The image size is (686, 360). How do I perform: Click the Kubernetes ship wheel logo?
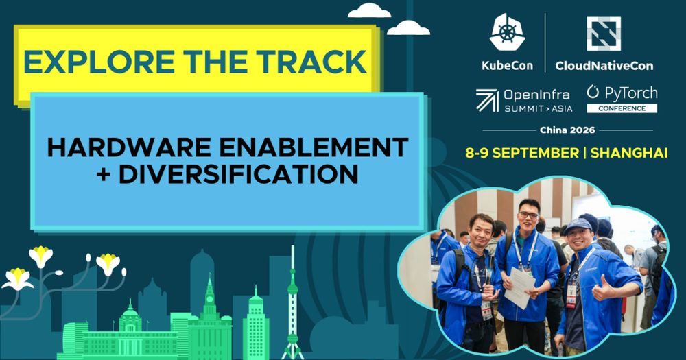[507, 32]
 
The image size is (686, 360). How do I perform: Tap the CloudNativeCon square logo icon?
[604, 34]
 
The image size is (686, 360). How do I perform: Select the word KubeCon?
[507, 66]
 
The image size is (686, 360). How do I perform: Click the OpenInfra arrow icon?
[487, 100]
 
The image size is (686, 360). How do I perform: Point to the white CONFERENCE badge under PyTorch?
[622, 108]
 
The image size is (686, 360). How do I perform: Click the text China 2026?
[567, 130]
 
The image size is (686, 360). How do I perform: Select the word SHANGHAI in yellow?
[628, 153]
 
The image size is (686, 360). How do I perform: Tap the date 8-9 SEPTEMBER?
[522, 153]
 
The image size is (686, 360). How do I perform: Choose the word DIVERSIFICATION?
[239, 173]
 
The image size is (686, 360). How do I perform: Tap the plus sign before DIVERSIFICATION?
[104, 174]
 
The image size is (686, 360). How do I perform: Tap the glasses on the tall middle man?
[528, 215]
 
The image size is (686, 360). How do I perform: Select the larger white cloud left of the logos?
[369, 10]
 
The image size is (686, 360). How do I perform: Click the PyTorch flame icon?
[593, 91]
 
